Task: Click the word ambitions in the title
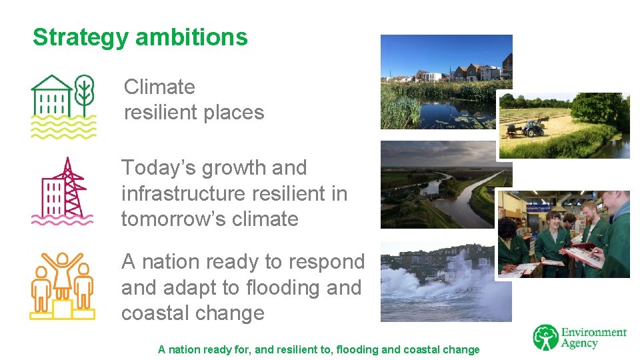pos(191,37)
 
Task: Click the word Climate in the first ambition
pos(159,87)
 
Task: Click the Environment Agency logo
pos(579,337)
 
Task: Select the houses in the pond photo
pos(467,71)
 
